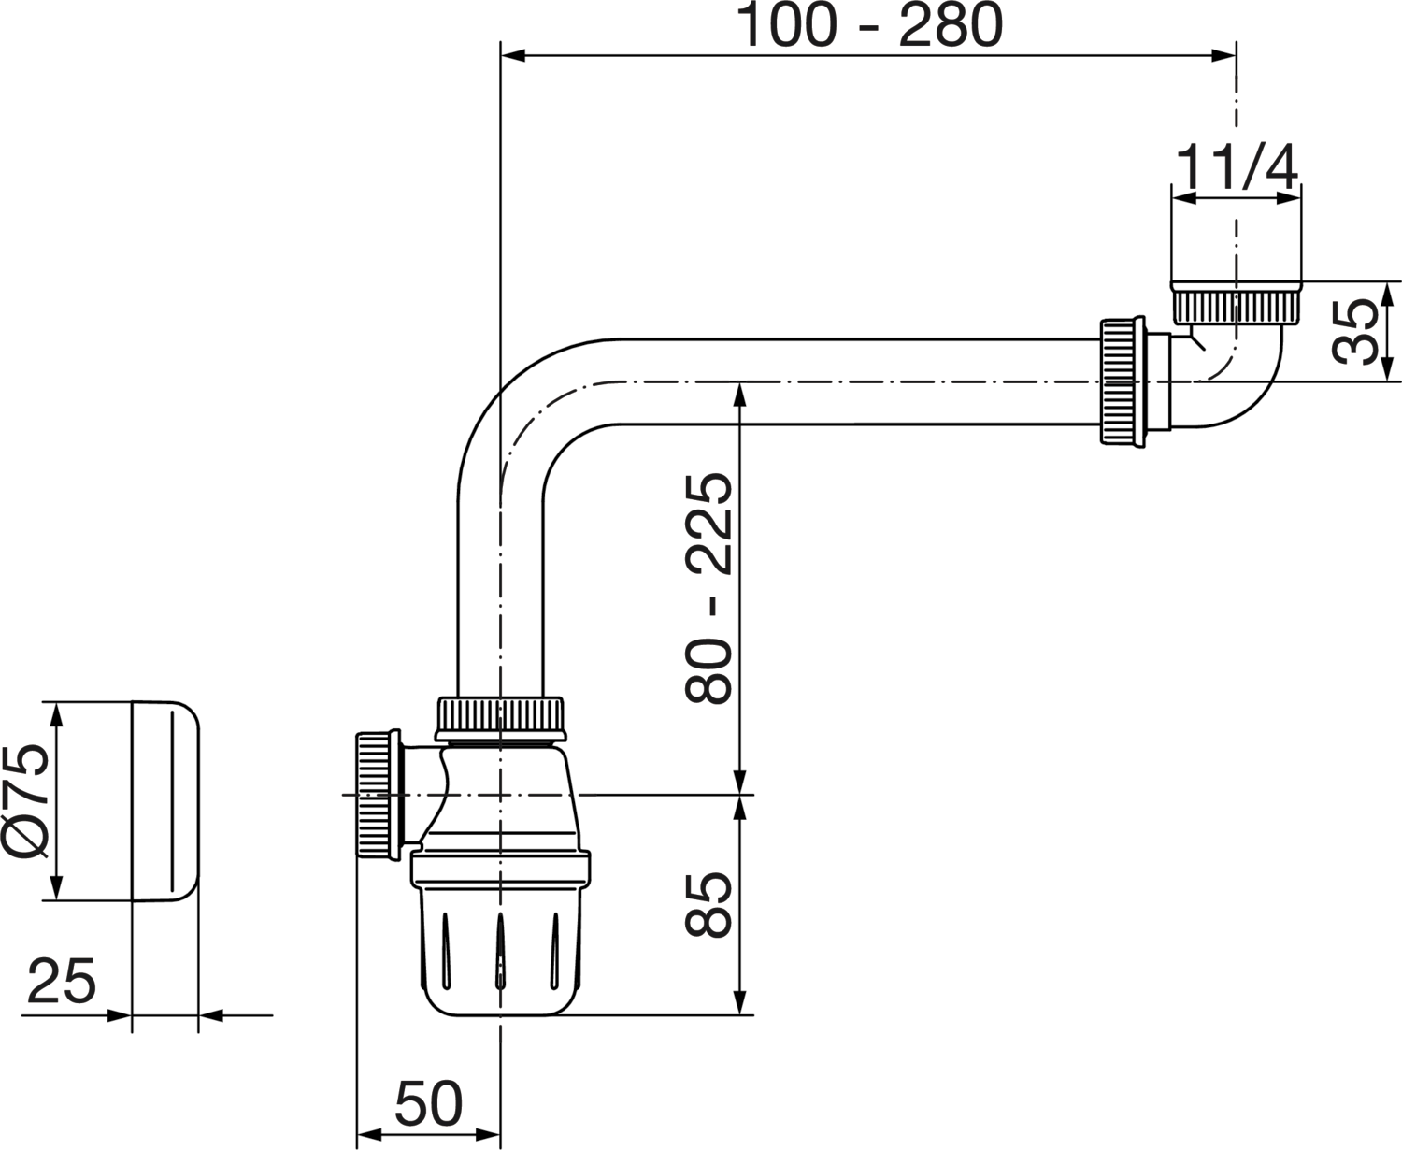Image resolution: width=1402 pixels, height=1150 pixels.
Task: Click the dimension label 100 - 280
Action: (x=869, y=24)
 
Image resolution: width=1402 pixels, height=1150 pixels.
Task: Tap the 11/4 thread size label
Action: (x=1236, y=168)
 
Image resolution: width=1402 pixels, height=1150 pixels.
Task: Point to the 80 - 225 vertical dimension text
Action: (x=708, y=588)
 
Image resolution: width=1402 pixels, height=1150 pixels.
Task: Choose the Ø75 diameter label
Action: (x=25, y=801)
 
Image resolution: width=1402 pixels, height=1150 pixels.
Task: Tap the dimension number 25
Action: (x=61, y=981)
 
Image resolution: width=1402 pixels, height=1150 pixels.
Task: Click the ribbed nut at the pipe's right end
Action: (x=1123, y=381)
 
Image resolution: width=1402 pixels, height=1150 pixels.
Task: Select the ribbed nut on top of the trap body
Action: (x=500, y=718)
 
